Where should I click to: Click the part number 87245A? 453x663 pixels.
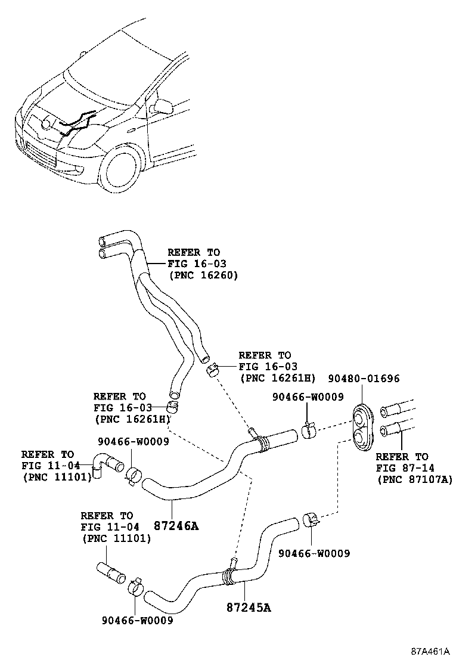point(249,608)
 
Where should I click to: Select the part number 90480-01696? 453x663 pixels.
point(363,379)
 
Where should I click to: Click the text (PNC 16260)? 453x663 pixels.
point(203,275)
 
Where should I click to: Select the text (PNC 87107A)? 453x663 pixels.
point(414,479)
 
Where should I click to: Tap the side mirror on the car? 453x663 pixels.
point(162,107)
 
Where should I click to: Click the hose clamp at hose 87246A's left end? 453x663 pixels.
point(134,475)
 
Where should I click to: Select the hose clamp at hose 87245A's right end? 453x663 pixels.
point(311,519)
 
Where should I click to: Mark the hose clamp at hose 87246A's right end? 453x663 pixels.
point(308,430)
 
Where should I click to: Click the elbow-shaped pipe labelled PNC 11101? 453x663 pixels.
point(106,464)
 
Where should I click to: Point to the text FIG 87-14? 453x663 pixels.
point(402,468)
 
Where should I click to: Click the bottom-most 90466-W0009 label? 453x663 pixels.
point(136,621)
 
